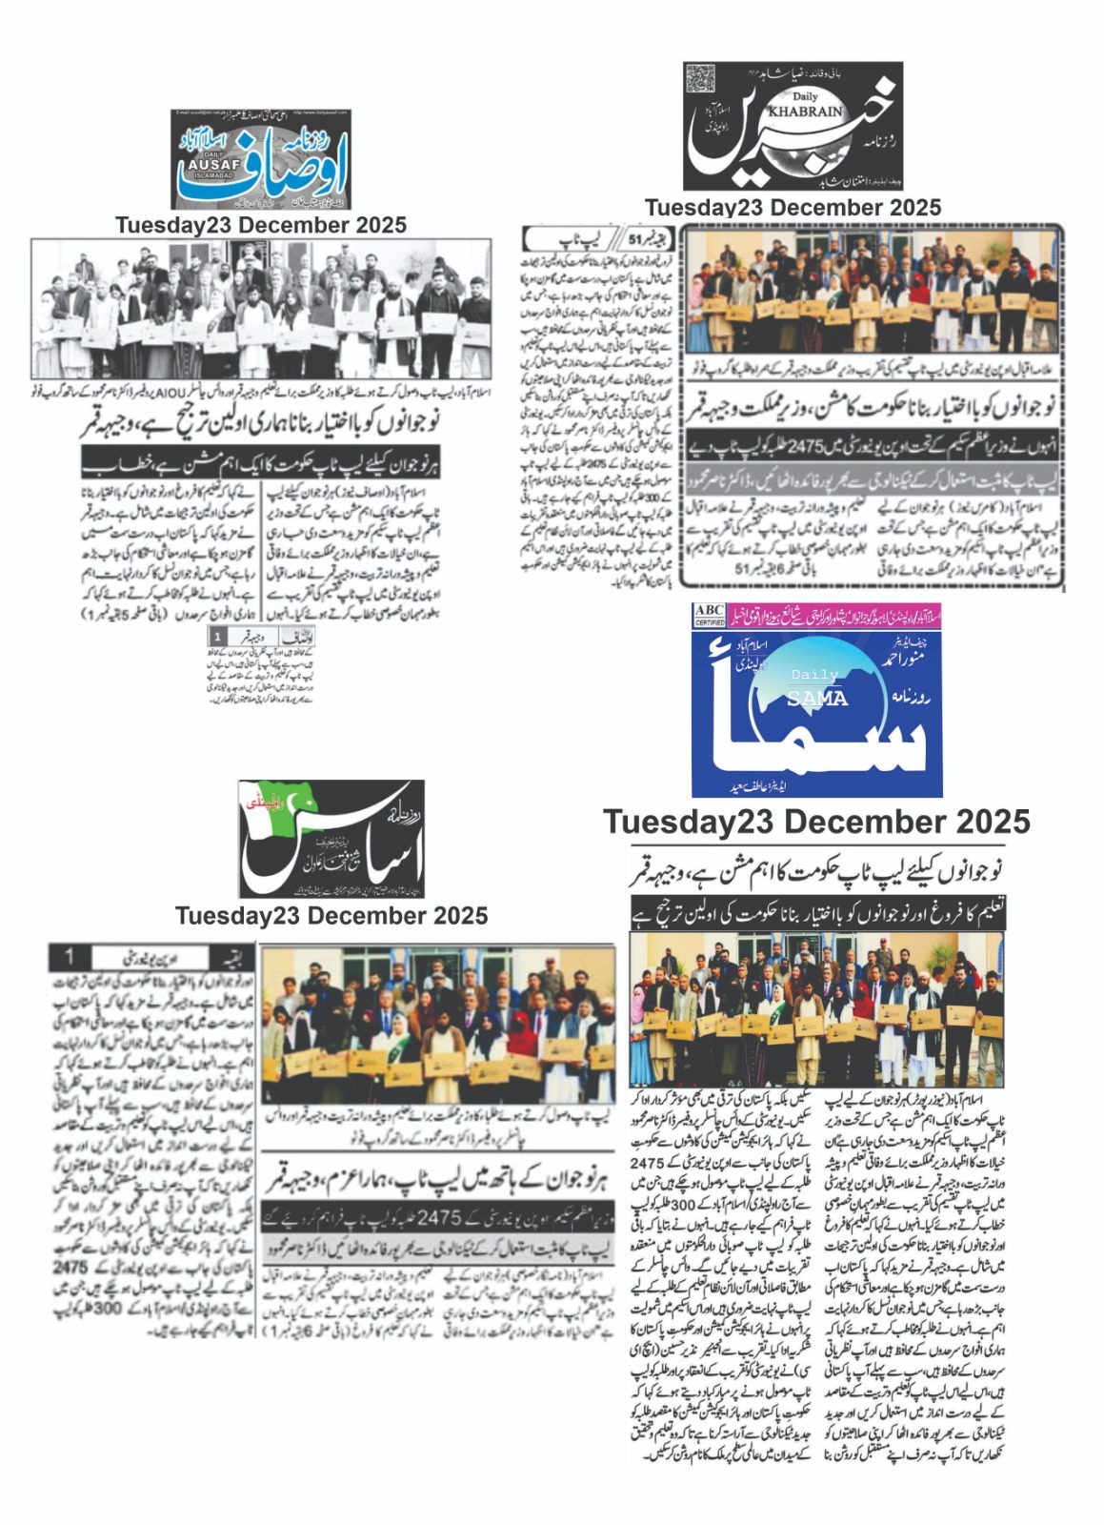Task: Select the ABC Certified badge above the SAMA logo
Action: tap(710, 615)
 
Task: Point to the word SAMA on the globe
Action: tap(816, 698)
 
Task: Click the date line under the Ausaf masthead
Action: tap(260, 225)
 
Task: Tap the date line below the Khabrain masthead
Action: tap(793, 207)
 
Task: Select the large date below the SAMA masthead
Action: tap(816, 822)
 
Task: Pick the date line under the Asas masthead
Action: tap(331, 915)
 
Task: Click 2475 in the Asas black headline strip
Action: tap(439, 1217)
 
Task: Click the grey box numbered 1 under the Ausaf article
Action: tap(218, 636)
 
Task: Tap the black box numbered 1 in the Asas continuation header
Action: tap(70, 955)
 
